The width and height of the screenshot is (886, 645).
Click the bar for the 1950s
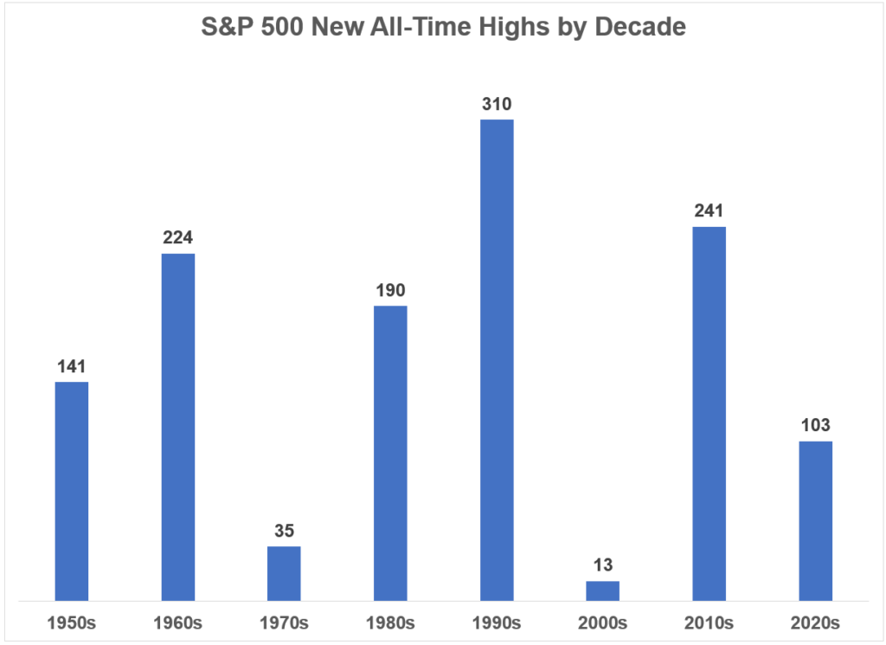click(x=72, y=491)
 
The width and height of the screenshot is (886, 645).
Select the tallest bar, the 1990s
click(x=497, y=359)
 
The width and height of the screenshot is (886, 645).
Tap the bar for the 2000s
click(x=603, y=590)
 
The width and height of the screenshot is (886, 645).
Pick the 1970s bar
click(x=284, y=573)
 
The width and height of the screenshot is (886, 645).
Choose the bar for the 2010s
click(x=709, y=413)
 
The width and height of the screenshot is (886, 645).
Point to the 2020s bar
click(x=815, y=520)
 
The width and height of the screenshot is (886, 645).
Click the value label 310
click(x=497, y=105)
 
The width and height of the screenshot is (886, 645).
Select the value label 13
click(x=603, y=566)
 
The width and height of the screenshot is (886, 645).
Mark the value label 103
click(x=815, y=426)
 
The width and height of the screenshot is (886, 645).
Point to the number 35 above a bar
click(x=284, y=532)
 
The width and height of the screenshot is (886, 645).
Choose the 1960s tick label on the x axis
click(x=178, y=622)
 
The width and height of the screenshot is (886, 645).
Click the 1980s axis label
click(x=390, y=622)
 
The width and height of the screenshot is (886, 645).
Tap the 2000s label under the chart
click(x=603, y=622)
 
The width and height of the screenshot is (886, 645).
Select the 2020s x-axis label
click(x=815, y=622)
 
